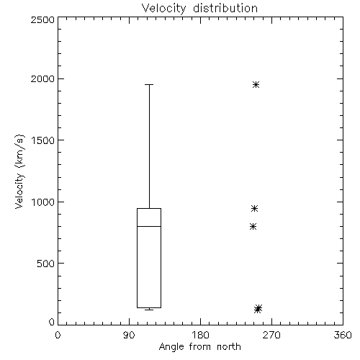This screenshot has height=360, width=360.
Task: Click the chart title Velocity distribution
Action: pos(199,9)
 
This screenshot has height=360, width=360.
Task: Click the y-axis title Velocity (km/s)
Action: pos(19,171)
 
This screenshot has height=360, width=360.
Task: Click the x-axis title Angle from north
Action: pos(199,347)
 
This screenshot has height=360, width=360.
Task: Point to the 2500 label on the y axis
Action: pos(42,19)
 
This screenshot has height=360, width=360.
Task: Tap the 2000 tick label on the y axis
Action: pos(42,78)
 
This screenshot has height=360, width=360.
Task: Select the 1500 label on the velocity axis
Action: pos(43,140)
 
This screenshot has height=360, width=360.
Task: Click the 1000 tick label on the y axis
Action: pos(43,202)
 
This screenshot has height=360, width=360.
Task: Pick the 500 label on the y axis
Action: pos(46,264)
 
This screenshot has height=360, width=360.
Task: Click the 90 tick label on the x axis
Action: pos(129,335)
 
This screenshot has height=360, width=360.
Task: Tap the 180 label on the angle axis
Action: pos(200,335)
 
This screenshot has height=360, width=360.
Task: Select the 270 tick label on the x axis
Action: pos(271,335)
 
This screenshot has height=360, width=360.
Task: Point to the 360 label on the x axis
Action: pos(343,335)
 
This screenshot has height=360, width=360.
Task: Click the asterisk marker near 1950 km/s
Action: pos(256,84)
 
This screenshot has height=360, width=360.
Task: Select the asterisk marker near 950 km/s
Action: pos(254,208)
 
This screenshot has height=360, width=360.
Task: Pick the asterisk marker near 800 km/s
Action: pos(253,226)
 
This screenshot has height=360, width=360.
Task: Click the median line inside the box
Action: pos(149,226)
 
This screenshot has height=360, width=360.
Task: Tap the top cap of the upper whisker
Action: pos(149,84)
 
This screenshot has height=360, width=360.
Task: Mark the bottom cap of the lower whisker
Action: pos(149,310)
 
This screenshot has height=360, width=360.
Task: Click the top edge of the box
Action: pos(149,208)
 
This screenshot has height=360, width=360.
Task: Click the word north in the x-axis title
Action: pos(229,347)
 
